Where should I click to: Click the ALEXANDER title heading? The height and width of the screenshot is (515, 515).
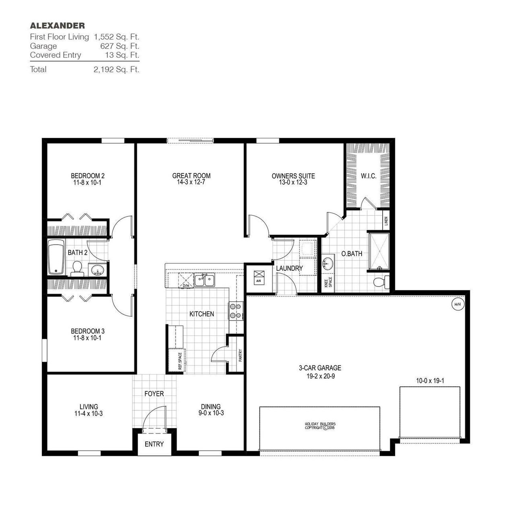click(x=57, y=26)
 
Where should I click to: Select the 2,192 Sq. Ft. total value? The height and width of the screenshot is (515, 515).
click(x=116, y=69)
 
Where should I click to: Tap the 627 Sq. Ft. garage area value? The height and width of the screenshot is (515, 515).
click(x=119, y=46)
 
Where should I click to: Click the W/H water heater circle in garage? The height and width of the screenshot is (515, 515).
click(x=457, y=304)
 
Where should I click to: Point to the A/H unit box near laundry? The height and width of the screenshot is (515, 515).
click(x=258, y=277)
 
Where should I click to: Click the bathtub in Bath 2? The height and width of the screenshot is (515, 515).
click(x=56, y=257)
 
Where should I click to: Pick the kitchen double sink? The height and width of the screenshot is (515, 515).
click(x=204, y=280)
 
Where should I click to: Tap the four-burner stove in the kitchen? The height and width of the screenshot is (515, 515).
click(x=235, y=311)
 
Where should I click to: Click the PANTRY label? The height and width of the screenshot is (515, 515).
click(x=240, y=355)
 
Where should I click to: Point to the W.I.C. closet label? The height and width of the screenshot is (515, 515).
click(x=369, y=176)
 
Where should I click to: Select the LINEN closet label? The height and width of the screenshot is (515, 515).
click(x=386, y=221)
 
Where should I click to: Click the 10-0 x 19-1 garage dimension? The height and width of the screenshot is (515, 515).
click(x=430, y=380)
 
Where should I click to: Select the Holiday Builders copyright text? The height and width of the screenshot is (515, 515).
click(x=320, y=426)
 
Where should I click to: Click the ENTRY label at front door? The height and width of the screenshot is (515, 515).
click(x=154, y=444)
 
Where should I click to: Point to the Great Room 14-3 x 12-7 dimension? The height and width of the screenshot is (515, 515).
click(x=191, y=182)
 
